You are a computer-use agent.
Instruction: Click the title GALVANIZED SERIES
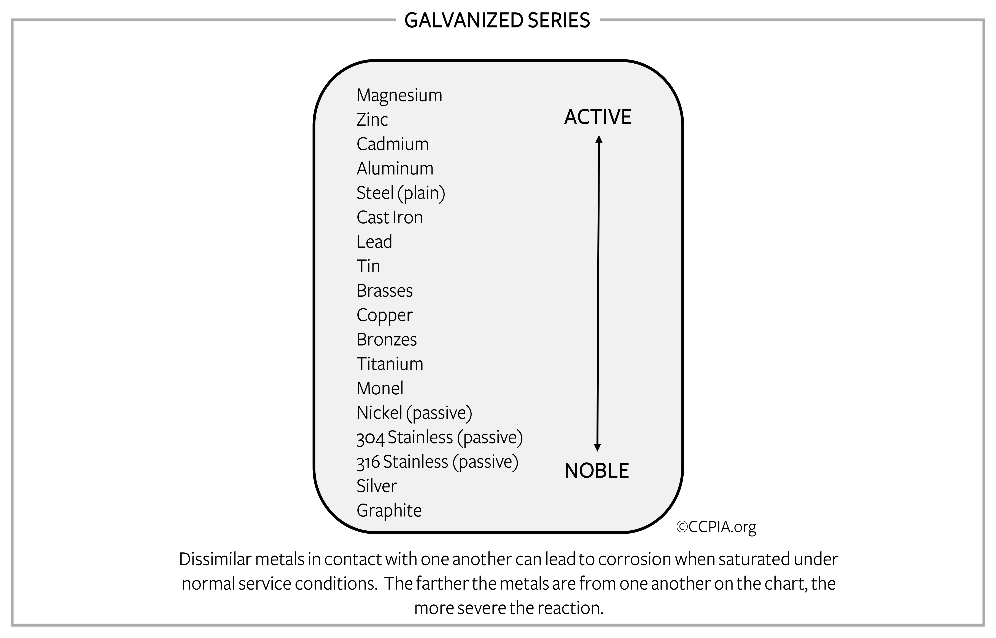pyautogui.click(x=497, y=20)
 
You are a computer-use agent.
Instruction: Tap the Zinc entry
pyautogui.click(x=372, y=120)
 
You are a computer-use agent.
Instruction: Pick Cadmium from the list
pyautogui.click(x=392, y=144)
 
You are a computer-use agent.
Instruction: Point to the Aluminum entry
pyautogui.click(x=395, y=168)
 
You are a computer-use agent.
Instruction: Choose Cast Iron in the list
pyautogui.click(x=390, y=217)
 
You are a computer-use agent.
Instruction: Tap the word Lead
pyautogui.click(x=374, y=241)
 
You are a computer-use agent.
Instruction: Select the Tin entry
pyautogui.click(x=368, y=266)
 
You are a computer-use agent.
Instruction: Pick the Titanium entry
pyautogui.click(x=390, y=364)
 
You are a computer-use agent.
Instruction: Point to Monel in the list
pyautogui.click(x=380, y=388)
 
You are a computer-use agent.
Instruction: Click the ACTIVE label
pyautogui.click(x=598, y=117)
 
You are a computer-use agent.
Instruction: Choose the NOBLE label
pyautogui.click(x=597, y=471)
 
